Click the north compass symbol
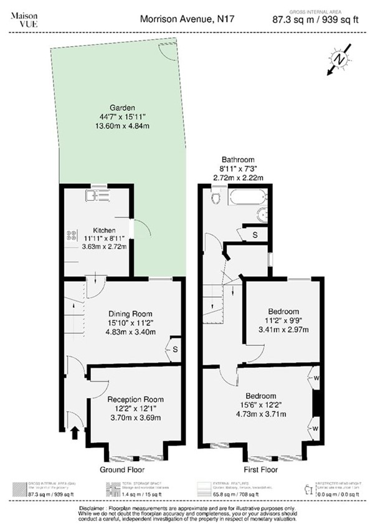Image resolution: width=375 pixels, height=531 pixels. point(338,59)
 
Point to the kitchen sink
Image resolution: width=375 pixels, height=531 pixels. point(98,196)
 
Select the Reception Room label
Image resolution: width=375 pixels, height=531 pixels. point(135,399)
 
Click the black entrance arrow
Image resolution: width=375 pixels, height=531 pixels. point(75,432)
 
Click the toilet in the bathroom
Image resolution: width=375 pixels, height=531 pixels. point(216,198)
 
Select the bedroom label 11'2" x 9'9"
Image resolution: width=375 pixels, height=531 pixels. point(283,320)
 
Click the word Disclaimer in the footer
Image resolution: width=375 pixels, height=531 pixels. point(96,509)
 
